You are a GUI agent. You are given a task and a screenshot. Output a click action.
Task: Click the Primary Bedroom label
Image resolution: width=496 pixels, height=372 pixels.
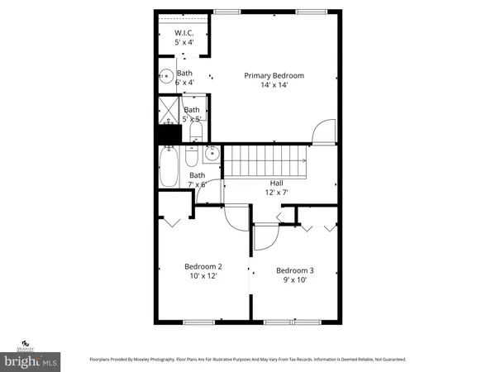click(274, 76)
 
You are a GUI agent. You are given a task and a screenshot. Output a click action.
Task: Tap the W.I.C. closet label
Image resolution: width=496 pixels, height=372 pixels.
click(184, 33)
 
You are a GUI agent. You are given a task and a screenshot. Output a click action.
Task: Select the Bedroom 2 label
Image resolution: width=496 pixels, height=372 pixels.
click(203, 266)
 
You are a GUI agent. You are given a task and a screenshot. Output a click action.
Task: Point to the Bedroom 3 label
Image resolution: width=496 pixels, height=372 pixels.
click(294, 270)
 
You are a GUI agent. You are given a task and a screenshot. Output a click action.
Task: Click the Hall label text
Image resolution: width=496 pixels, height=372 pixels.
click(277, 183)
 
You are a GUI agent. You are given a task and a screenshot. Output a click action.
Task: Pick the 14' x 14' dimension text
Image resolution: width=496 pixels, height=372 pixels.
click(274, 85)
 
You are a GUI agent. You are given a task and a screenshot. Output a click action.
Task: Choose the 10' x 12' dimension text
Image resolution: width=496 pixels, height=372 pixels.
click(203, 276)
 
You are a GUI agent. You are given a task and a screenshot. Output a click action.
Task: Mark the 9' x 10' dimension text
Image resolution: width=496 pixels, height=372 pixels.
click(294, 280)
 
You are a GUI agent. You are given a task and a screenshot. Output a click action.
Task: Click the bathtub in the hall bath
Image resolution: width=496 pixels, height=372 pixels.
click(168, 166)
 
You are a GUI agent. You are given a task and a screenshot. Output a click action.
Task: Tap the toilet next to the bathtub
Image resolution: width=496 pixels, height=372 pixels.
click(191, 157)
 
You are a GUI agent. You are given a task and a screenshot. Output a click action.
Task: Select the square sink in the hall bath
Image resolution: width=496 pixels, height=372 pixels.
click(211, 153)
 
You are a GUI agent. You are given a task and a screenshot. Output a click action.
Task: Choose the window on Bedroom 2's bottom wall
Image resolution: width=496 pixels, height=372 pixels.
click(198, 321)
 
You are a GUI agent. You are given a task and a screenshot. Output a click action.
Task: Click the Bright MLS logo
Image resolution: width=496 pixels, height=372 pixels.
click(31, 361)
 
